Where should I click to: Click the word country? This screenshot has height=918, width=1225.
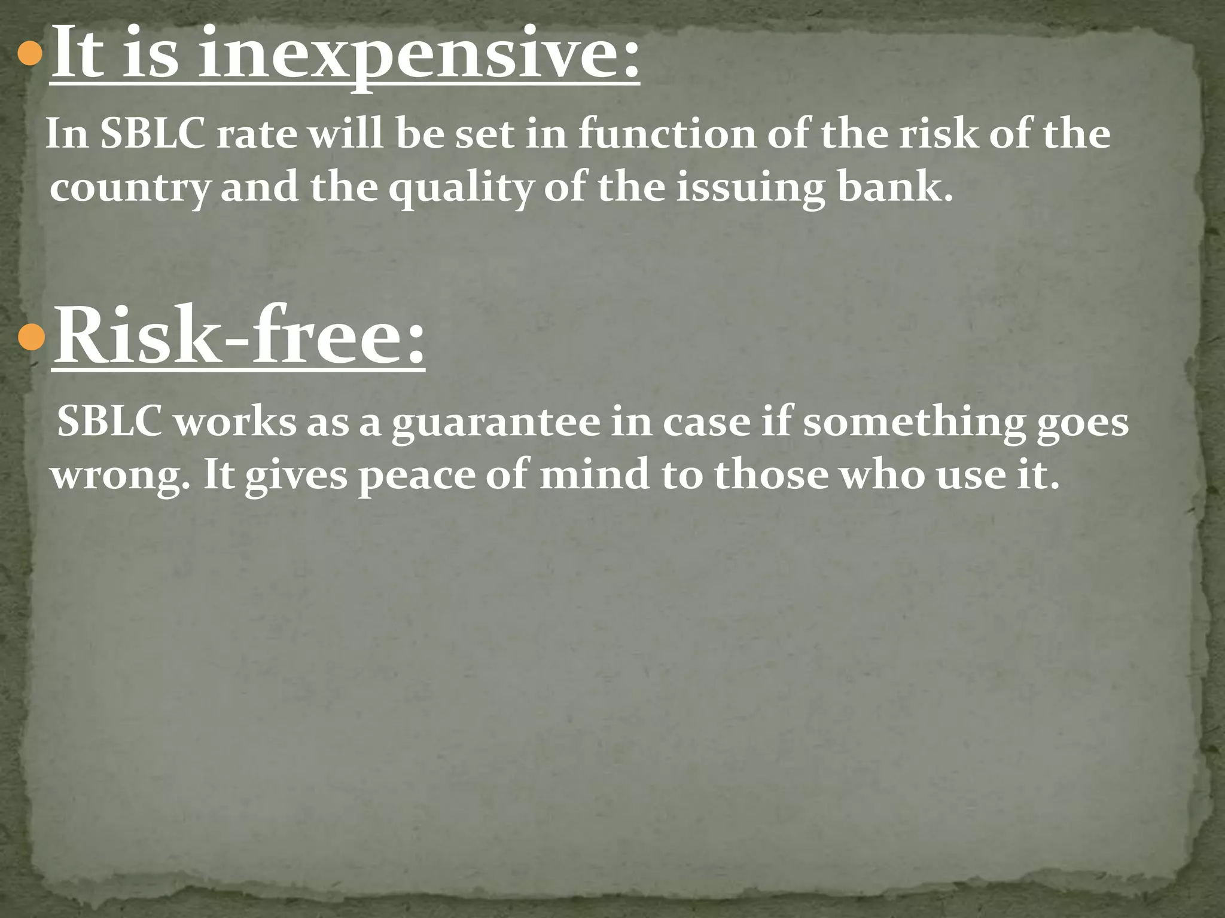129,188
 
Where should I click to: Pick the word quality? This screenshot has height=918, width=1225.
460,188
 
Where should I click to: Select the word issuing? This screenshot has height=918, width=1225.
751,188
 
